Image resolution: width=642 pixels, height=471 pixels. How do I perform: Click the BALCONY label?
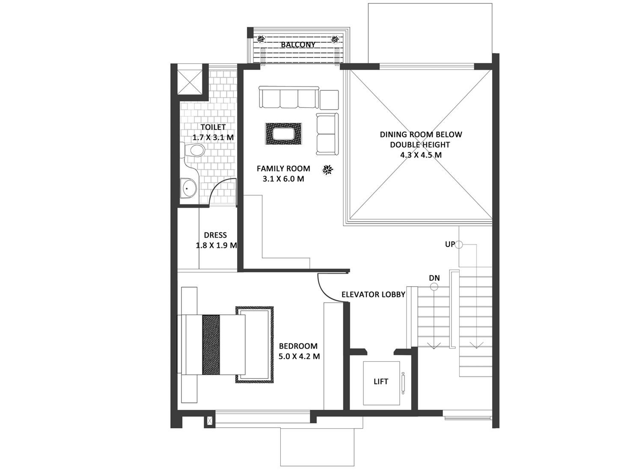[298, 45]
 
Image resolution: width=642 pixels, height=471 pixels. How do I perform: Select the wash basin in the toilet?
[188, 189]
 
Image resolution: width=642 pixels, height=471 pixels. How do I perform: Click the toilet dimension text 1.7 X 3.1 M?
[213, 137]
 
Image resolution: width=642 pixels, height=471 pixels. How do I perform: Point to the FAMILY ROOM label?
[283, 169]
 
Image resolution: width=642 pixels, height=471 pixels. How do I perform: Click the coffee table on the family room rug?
[283, 134]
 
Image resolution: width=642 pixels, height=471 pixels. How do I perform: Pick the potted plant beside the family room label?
[327, 170]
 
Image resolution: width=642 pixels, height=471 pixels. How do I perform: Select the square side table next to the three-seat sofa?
[329, 100]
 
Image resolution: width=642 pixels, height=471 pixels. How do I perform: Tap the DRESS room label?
[215, 235]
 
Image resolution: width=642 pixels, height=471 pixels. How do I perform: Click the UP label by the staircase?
[450, 244]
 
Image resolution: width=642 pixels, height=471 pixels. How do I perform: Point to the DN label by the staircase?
[434, 278]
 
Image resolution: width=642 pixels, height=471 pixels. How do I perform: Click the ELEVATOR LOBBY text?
[374, 295]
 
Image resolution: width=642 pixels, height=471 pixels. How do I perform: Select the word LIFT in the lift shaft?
[381, 382]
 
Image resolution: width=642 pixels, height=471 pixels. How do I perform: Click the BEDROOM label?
[298, 346]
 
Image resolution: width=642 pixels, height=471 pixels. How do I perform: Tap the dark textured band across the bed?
[211, 345]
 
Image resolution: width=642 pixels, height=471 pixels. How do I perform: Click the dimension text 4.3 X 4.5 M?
[421, 155]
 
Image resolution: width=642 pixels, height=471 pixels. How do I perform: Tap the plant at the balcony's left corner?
[261, 39]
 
